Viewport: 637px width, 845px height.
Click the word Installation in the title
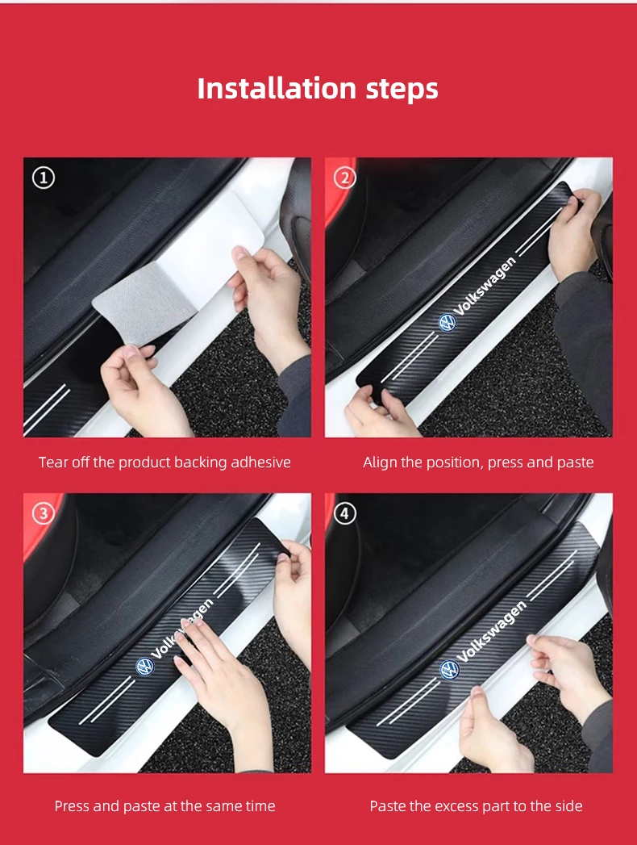[x=277, y=89]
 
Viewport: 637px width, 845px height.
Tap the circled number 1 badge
[x=44, y=178]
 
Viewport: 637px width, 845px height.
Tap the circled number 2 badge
[x=345, y=178]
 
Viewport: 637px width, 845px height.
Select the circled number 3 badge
[x=44, y=513]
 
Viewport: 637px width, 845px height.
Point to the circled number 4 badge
[x=345, y=513]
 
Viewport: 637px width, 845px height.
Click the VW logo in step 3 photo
[x=144, y=667]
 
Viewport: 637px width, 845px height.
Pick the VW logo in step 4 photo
[x=450, y=670]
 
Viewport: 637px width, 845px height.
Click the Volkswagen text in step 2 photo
[x=485, y=287]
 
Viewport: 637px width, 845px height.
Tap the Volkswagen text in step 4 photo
[x=491, y=631]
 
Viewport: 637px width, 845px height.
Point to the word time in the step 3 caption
[x=260, y=806]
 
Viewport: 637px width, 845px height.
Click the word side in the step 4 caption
[x=568, y=806]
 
